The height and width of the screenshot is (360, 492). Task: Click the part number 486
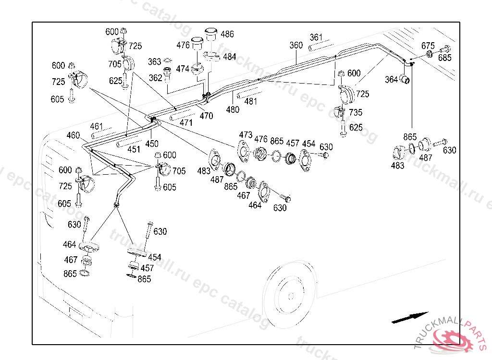pyautogui.click(x=227, y=34)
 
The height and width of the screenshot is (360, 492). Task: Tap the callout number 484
pyautogui.click(x=230, y=57)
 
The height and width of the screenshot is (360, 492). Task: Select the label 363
pyautogui.click(x=154, y=62)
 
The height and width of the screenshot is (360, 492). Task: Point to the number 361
pyautogui.click(x=316, y=37)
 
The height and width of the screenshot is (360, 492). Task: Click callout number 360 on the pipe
pyautogui.click(x=296, y=45)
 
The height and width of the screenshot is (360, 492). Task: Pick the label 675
pyautogui.click(x=428, y=46)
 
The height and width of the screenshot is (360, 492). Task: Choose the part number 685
pyautogui.click(x=445, y=58)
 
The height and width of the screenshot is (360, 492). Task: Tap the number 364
pyautogui.click(x=392, y=79)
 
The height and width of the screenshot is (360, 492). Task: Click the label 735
pyautogui.click(x=356, y=113)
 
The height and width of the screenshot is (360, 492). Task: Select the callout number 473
pyautogui.click(x=246, y=134)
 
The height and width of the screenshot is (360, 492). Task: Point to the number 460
pyautogui.click(x=73, y=135)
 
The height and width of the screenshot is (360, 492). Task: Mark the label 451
pyautogui.click(x=135, y=149)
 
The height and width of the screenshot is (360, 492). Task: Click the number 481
pyautogui.click(x=250, y=101)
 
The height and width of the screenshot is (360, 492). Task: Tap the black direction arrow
pyautogui.click(x=410, y=318)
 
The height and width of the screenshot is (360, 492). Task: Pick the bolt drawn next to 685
pyautogui.click(x=444, y=48)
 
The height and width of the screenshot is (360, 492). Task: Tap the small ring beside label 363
pyautogui.click(x=168, y=61)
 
